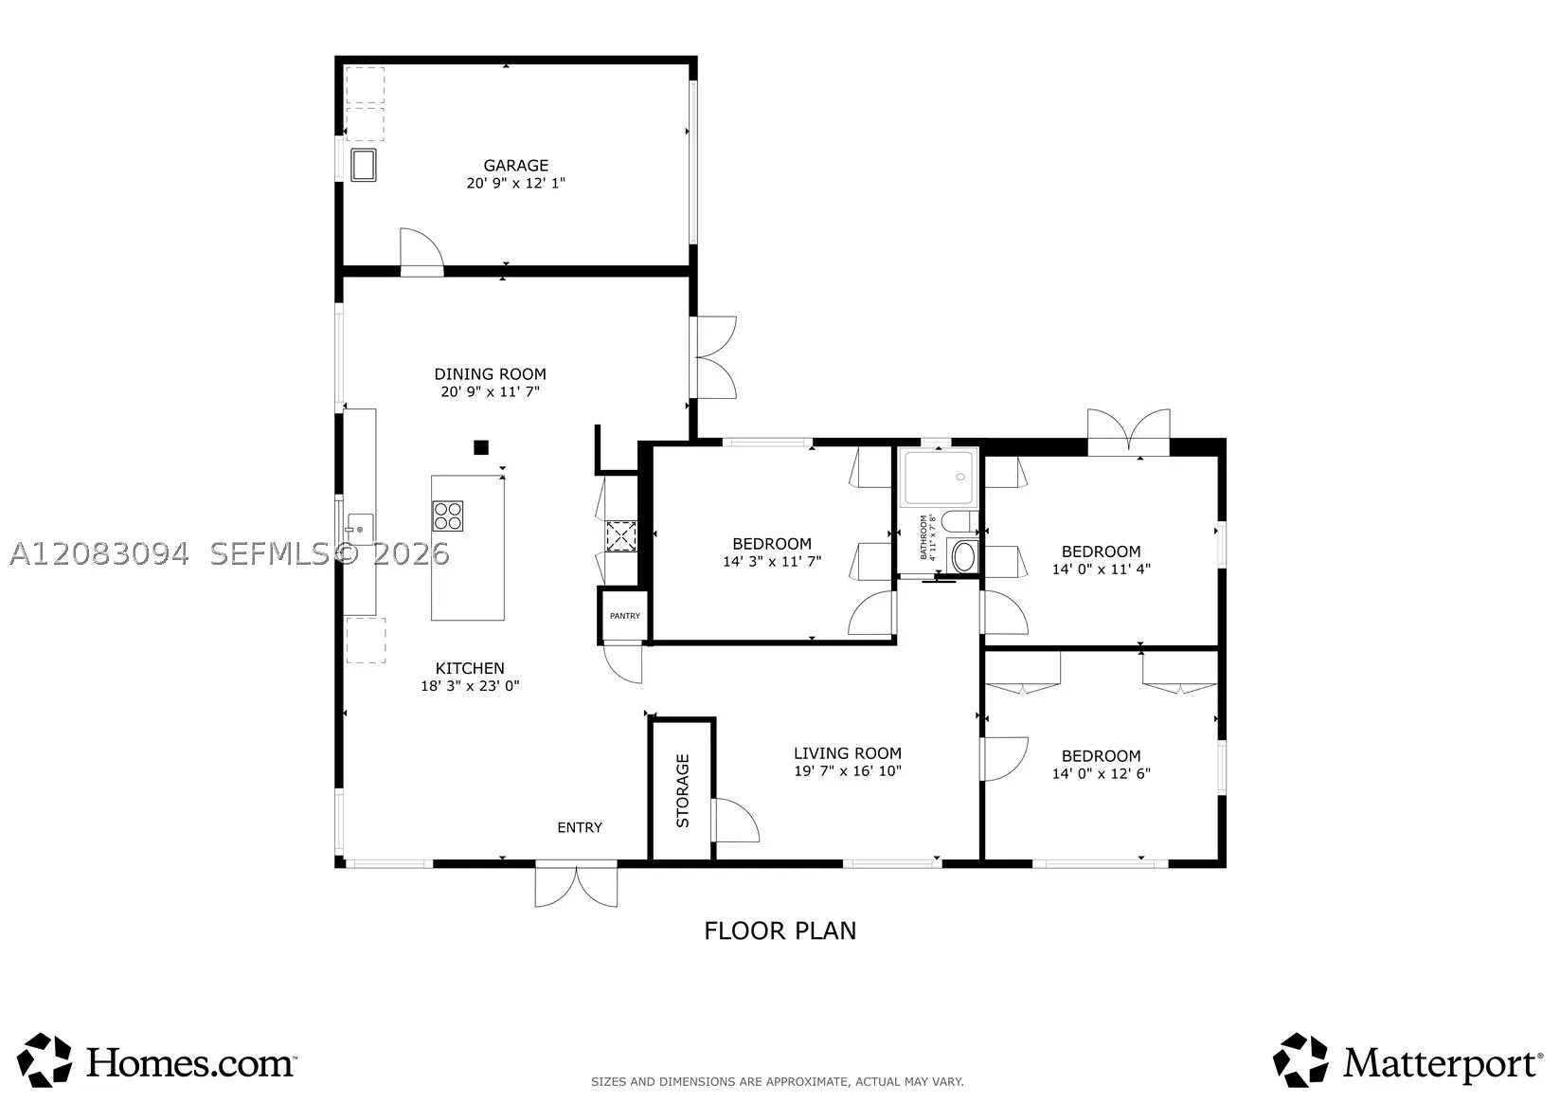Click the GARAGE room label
[x=515, y=166]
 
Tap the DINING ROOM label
[x=491, y=374]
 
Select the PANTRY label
[x=625, y=616]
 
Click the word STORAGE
[x=683, y=791]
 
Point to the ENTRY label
[x=580, y=828]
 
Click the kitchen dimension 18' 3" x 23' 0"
[x=470, y=686]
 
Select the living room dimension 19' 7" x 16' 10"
[x=848, y=770]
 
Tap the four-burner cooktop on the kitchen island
[x=448, y=516]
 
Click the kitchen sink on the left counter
[x=360, y=530]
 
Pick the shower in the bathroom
[x=938, y=478]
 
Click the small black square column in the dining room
[x=480, y=447]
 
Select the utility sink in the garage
[x=363, y=165]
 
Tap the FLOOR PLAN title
[x=780, y=931]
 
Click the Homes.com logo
[x=156, y=1062]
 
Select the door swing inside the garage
[x=421, y=251]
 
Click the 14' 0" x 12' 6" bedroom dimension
[x=1101, y=773]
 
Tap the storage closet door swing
[x=735, y=820]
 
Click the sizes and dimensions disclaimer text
[x=778, y=1082]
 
